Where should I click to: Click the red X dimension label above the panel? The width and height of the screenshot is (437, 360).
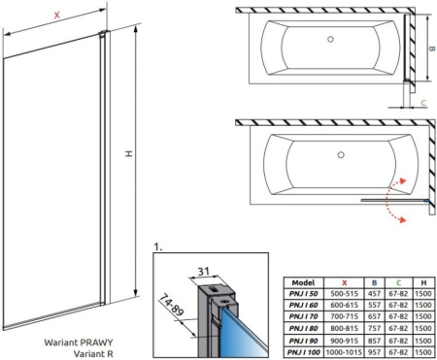pyautogui.click(x=57, y=15)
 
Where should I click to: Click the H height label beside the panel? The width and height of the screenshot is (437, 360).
pyautogui.click(x=129, y=153)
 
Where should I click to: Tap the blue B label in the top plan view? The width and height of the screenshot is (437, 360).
pyautogui.click(x=431, y=49)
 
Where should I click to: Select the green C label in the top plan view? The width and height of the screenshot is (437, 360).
pyautogui.click(x=423, y=103)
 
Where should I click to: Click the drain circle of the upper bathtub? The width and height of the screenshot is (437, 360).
pyautogui.click(x=330, y=39)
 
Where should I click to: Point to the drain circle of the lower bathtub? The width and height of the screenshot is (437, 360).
pyautogui.click(x=341, y=154)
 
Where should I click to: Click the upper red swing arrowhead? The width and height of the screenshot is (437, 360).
pyautogui.click(x=402, y=180)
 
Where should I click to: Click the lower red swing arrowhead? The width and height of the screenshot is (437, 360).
pyautogui.click(x=402, y=220)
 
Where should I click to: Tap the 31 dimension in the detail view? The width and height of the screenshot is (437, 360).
pyautogui.click(x=203, y=271)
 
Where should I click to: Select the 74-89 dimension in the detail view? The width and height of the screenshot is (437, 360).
pyautogui.click(x=172, y=305)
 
